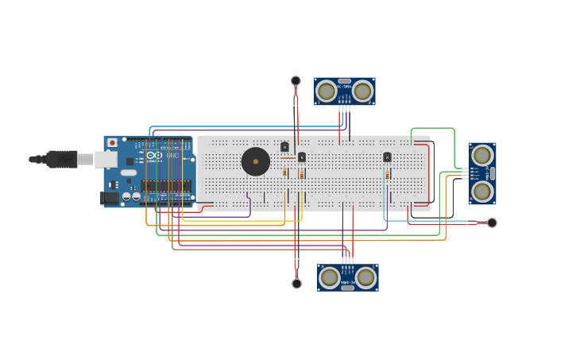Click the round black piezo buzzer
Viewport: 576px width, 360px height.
(x=256, y=161)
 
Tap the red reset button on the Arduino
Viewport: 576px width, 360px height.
(x=112, y=143)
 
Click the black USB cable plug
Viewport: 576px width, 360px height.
(x=62, y=159)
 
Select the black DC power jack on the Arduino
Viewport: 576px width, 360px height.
(x=110, y=198)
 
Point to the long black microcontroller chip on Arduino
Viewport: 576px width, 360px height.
(x=165, y=186)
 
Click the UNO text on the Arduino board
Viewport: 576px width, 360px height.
(x=172, y=155)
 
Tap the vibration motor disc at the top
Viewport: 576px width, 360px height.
(x=296, y=81)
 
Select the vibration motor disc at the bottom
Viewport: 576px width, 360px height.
(x=296, y=284)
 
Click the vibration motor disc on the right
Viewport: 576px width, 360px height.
(x=492, y=223)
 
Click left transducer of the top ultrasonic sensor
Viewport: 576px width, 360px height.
(x=327, y=91)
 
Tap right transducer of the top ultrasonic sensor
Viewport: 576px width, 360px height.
(x=363, y=91)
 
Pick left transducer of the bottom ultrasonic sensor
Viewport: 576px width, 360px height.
(x=330, y=277)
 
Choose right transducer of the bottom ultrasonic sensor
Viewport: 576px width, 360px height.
(x=365, y=277)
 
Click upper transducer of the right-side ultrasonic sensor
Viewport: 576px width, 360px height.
(x=481, y=156)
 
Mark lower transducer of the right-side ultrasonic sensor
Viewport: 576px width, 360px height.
(x=481, y=192)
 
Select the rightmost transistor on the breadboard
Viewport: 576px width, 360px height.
(x=387, y=157)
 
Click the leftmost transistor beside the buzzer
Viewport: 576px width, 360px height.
(x=284, y=147)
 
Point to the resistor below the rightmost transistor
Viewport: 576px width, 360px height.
(x=387, y=175)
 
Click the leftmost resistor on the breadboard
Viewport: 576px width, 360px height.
(x=284, y=172)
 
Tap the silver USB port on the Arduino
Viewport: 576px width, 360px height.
(x=106, y=159)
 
